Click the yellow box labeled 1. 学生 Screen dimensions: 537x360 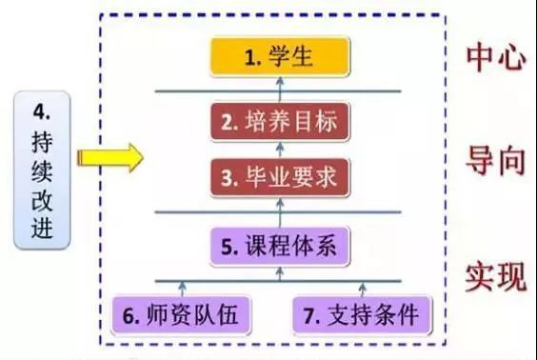click(x=280, y=57)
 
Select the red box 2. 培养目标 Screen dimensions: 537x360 click(x=280, y=122)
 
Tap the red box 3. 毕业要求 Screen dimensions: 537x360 click(x=280, y=177)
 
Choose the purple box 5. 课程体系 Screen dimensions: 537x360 click(x=280, y=246)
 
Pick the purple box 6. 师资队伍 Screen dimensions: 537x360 click(x=181, y=315)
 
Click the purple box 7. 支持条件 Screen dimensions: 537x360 click(x=362, y=315)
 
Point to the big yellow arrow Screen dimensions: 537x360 click(x=110, y=158)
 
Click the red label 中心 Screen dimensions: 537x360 click(x=496, y=58)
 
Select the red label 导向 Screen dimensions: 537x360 click(x=496, y=160)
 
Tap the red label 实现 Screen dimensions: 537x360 click(x=496, y=277)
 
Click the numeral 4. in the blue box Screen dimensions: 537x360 click(x=42, y=111)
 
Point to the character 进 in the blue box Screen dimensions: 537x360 click(x=42, y=227)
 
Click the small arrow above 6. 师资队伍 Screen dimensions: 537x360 click(x=183, y=289)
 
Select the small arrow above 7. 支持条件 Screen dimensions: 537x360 click(x=363, y=289)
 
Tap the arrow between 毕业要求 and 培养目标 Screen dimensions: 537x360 click(x=280, y=150)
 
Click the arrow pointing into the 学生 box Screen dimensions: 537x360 click(x=280, y=90)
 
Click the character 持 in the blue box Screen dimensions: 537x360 click(x=42, y=142)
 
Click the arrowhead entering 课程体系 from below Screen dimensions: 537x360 click(x=280, y=270)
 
